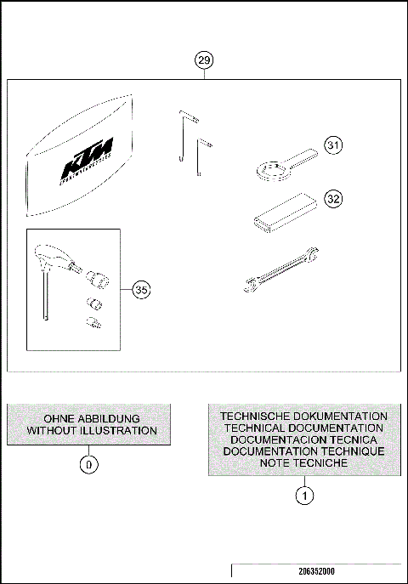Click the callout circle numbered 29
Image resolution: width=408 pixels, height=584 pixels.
coord(204,60)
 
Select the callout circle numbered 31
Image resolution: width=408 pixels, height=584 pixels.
coord(334,145)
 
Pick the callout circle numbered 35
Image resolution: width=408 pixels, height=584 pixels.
coord(141,290)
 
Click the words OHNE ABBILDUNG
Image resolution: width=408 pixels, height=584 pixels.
coord(91,418)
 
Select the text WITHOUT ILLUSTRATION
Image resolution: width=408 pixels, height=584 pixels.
coord(91,431)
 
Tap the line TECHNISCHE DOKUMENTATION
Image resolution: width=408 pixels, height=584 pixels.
coord(303,416)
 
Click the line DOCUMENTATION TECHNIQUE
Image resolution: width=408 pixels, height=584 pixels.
coord(303,451)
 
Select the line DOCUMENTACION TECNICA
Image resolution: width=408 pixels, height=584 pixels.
coord(303,439)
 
